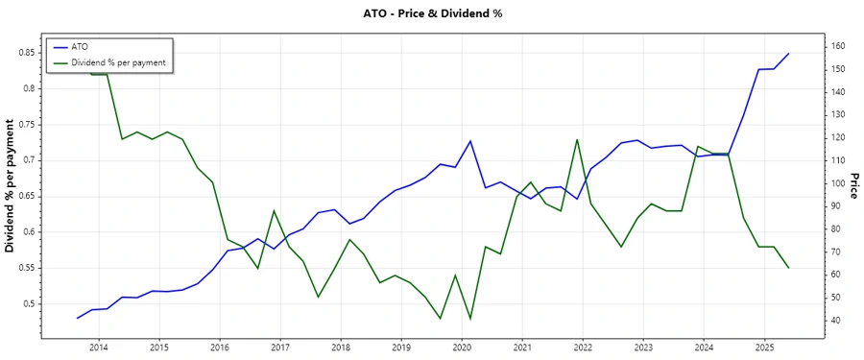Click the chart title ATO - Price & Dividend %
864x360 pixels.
pyautogui.click(x=431, y=14)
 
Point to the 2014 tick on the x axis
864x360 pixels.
pyautogui.click(x=99, y=347)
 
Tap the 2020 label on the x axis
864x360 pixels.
pyautogui.click(x=462, y=347)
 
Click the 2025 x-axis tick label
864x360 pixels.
pyautogui.click(x=764, y=347)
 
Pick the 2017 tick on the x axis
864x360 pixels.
pyautogui.click(x=280, y=347)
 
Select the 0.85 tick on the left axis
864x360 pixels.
pyautogui.click(x=28, y=52)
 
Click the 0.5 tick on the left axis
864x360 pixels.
pyautogui.click(x=31, y=304)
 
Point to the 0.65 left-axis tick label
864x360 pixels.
pyautogui.click(x=28, y=196)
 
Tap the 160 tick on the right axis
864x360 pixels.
pyautogui.click(x=839, y=47)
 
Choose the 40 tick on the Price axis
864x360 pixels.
pyautogui.click(x=836, y=321)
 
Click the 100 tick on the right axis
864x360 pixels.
pyautogui.click(x=839, y=183)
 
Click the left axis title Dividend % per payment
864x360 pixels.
pyautogui.click(x=11, y=186)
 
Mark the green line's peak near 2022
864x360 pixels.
pyautogui.click(x=577, y=139)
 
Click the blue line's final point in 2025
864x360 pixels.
pyautogui.click(x=788, y=54)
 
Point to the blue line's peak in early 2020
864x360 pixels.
pyautogui.click(x=470, y=141)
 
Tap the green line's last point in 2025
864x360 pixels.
pyautogui.click(x=788, y=268)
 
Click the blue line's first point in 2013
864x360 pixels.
pyautogui.click(x=77, y=318)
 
